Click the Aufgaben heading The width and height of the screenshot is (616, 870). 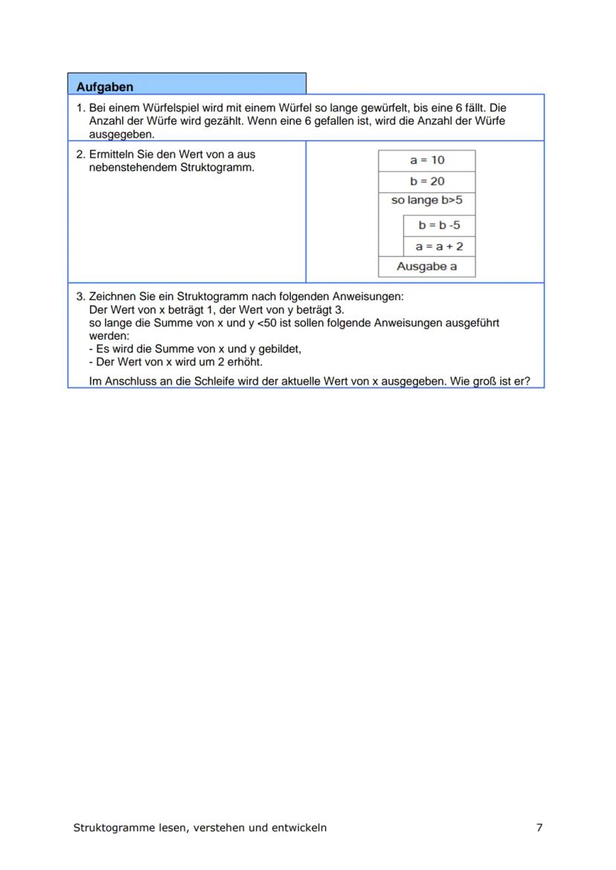(105, 87)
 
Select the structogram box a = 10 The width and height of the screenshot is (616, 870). (427, 160)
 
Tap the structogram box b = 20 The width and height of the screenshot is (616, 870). (427, 181)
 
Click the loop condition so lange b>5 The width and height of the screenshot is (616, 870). (427, 201)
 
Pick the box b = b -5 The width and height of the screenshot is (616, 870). (439, 225)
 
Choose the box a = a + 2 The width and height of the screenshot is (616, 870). (439, 246)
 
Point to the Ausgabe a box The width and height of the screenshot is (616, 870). (427, 266)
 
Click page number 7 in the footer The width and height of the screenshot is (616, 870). (539, 828)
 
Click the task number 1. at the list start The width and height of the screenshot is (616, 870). (81, 108)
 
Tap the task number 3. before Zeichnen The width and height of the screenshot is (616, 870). (81, 296)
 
